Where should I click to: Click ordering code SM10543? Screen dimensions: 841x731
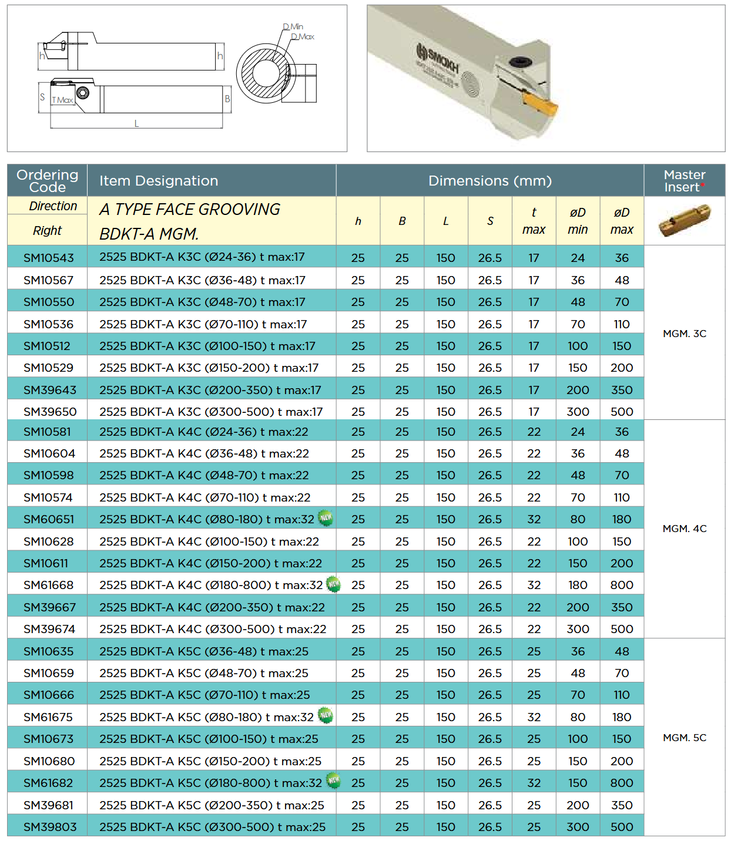click(49, 257)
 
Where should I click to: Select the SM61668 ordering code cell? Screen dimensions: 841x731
click(49, 585)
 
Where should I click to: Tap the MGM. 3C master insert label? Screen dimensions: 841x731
click(685, 334)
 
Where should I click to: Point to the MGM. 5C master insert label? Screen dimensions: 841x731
click(685, 738)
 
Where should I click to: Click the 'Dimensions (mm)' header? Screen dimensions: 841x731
click(489, 181)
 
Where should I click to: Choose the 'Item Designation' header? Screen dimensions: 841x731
click(159, 181)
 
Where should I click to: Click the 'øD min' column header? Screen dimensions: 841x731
click(578, 221)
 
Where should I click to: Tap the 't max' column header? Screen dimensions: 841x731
click(534, 221)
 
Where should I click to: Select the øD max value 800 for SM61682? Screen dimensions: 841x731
click(622, 783)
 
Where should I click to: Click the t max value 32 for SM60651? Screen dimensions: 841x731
click(534, 519)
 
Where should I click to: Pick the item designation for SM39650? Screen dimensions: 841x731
click(211, 412)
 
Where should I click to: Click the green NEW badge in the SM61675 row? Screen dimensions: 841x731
click(325, 715)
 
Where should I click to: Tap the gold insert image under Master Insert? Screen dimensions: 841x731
click(685, 220)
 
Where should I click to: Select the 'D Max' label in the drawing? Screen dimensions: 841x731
click(303, 37)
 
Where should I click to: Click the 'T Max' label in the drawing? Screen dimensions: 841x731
click(62, 100)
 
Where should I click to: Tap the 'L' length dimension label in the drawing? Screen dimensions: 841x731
click(136, 123)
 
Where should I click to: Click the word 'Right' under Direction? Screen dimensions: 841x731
click(47, 230)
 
